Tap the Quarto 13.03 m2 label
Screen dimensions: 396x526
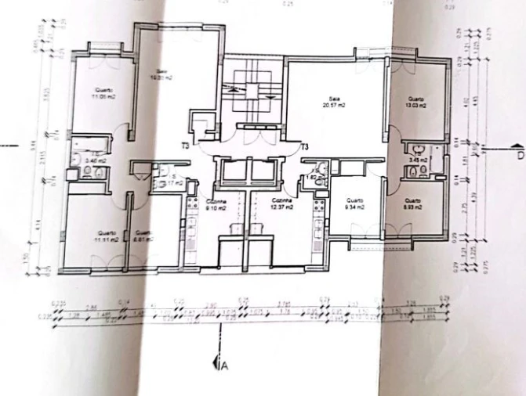415,102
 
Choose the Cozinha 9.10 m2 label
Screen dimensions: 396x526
216,205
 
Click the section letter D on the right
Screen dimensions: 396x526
518,155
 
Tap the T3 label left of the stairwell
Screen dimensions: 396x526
186,146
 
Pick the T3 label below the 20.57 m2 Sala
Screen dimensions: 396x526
304,146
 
